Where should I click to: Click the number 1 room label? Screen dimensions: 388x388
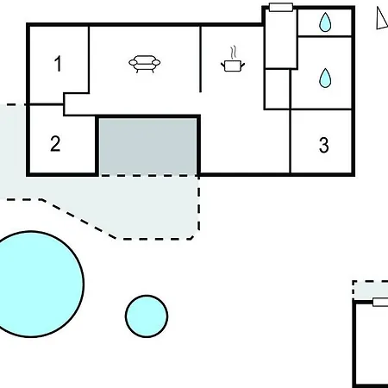58,64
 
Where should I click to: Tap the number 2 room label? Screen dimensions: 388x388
55,144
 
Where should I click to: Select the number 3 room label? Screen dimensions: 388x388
324,145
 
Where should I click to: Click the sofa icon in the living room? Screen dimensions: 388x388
145,64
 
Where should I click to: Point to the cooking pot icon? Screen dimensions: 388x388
233,66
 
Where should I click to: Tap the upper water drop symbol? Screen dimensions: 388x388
325,22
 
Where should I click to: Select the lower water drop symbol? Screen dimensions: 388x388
325,78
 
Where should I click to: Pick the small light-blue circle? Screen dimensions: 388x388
147,316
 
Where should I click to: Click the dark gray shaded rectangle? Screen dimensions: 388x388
148,146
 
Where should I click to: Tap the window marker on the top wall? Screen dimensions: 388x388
281,7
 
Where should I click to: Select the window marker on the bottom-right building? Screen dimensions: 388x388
380,302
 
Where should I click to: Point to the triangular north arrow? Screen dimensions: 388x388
382,18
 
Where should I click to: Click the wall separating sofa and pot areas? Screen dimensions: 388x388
200,59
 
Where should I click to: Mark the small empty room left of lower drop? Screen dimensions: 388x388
277,89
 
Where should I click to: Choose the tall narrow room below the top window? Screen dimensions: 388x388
281,39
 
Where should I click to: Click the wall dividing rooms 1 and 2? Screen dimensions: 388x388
47,104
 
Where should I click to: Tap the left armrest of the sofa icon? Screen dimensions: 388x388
132,62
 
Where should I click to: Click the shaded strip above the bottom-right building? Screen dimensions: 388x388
371,290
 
